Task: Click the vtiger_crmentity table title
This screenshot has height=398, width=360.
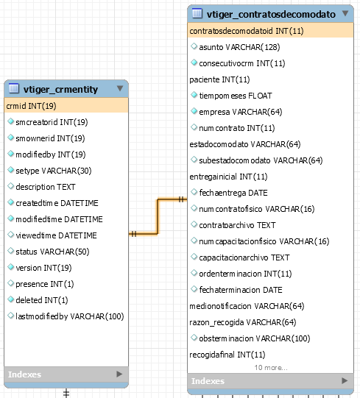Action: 60,89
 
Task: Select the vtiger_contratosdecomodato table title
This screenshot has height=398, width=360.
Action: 271,15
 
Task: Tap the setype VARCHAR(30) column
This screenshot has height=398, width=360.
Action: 54,171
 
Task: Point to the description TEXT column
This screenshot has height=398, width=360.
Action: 46,187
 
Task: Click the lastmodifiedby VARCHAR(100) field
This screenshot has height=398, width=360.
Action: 70,316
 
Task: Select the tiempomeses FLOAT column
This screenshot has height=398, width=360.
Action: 236,96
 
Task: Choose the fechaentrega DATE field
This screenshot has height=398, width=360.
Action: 233,193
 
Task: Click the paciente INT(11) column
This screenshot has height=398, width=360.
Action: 219,79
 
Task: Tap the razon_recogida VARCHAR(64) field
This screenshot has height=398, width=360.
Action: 243,322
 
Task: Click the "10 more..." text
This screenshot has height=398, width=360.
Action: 271,368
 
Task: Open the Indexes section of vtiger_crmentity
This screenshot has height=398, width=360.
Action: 24,374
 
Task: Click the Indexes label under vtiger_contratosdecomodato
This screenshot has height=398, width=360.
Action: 208,381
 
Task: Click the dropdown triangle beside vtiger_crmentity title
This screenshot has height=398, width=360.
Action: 120,88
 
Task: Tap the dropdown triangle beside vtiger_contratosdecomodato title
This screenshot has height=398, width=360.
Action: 345,13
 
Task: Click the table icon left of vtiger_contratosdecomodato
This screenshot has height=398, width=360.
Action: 197,13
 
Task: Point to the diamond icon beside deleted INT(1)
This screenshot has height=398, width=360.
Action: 10,299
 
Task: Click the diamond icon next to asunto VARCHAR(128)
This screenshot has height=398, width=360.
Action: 194,46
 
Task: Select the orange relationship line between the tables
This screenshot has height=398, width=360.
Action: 158,216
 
